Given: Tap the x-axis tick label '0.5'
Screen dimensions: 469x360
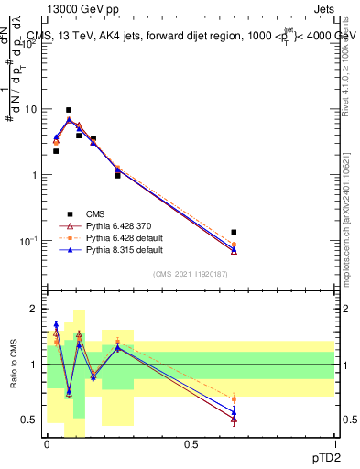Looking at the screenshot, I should pos(191,443).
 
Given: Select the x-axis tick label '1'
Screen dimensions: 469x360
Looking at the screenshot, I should pos(334,443).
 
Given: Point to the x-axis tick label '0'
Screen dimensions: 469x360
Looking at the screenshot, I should pos(47,443).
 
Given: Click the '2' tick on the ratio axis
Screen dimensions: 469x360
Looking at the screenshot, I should pos(34,310).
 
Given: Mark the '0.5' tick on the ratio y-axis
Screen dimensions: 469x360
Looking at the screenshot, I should pos(29,420).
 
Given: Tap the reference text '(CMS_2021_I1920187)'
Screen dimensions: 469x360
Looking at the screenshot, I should pos(191,273).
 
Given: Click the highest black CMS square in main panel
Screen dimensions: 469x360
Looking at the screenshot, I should pos(69,110).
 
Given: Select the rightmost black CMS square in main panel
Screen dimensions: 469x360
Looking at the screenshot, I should pos(234,233).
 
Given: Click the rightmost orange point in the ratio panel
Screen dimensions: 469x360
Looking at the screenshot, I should pos(234,398).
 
